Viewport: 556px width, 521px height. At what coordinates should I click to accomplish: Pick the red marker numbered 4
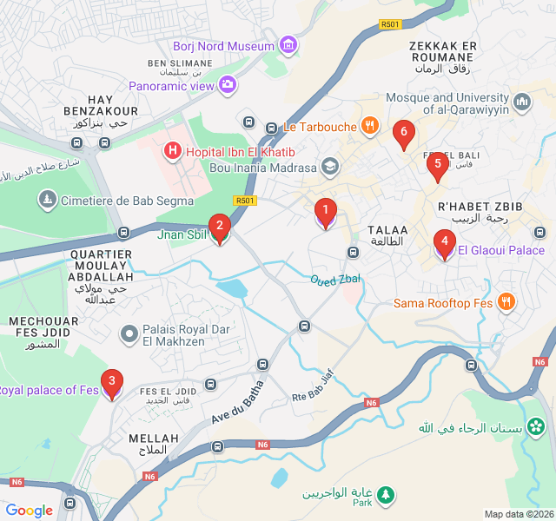click(444, 244)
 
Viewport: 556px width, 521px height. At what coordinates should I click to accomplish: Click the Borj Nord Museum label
click(223, 45)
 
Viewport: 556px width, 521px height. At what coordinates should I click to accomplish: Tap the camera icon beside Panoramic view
click(228, 85)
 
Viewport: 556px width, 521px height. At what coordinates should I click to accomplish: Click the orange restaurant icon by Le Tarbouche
click(370, 126)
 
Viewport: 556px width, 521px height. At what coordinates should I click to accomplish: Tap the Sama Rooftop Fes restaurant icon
click(506, 302)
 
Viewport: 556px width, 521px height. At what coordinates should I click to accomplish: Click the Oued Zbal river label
click(335, 279)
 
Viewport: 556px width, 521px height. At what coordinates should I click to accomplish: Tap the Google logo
click(30, 511)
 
